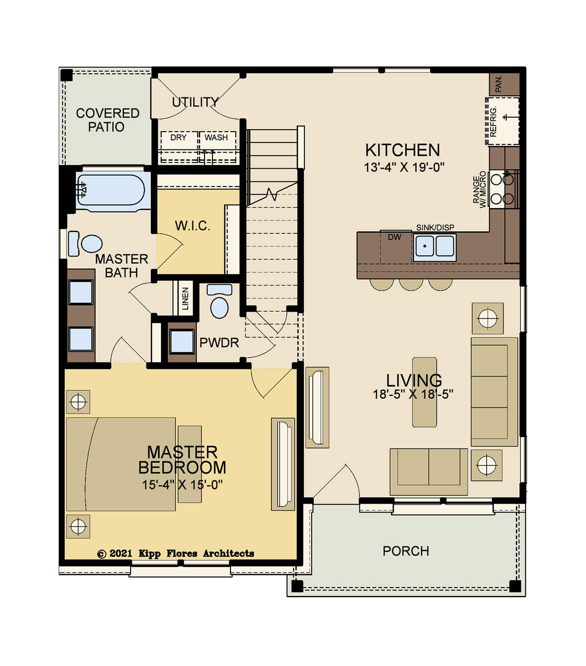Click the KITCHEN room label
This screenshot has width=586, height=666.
tap(403, 150)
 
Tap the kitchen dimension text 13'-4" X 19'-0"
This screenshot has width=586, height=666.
tap(404, 167)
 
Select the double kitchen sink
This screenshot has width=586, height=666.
tap(435, 247)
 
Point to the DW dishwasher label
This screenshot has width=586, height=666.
tap(394, 237)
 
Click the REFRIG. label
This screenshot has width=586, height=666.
tap(493, 121)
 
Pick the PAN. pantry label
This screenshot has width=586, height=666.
tap(498, 84)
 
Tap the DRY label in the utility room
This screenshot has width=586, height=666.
tap(178, 138)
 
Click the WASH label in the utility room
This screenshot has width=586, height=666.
tap(216, 138)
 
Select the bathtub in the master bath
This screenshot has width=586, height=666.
tap(111, 192)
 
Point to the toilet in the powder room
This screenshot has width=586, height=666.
tap(219, 302)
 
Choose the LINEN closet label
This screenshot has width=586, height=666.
tap(185, 298)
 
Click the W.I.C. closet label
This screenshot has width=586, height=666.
tap(193, 226)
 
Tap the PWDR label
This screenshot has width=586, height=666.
tap(219, 343)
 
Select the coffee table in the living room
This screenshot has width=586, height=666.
tap(425, 392)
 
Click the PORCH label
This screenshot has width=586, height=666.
tap(406, 551)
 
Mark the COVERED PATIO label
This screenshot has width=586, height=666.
tap(108, 120)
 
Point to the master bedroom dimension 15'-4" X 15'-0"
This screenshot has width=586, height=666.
tap(182, 485)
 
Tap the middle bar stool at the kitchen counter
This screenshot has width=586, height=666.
tap(411, 285)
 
